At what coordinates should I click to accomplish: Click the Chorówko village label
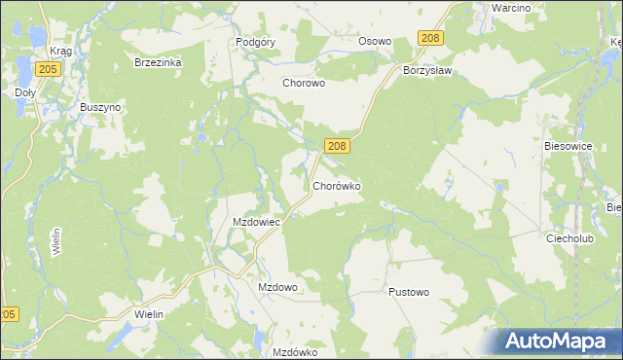point(338,185)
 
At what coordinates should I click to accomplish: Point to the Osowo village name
point(375,42)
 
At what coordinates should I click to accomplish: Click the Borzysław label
point(430,71)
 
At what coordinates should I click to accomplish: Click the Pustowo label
point(408,292)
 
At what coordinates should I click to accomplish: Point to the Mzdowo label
point(277,288)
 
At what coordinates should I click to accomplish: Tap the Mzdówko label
point(296,352)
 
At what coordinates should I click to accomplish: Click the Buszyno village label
point(100,107)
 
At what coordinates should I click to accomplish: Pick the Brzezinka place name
point(158,61)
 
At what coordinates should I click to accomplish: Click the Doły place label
point(25,93)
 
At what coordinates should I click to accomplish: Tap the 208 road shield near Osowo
point(430,37)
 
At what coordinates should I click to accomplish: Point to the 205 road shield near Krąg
point(46,69)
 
